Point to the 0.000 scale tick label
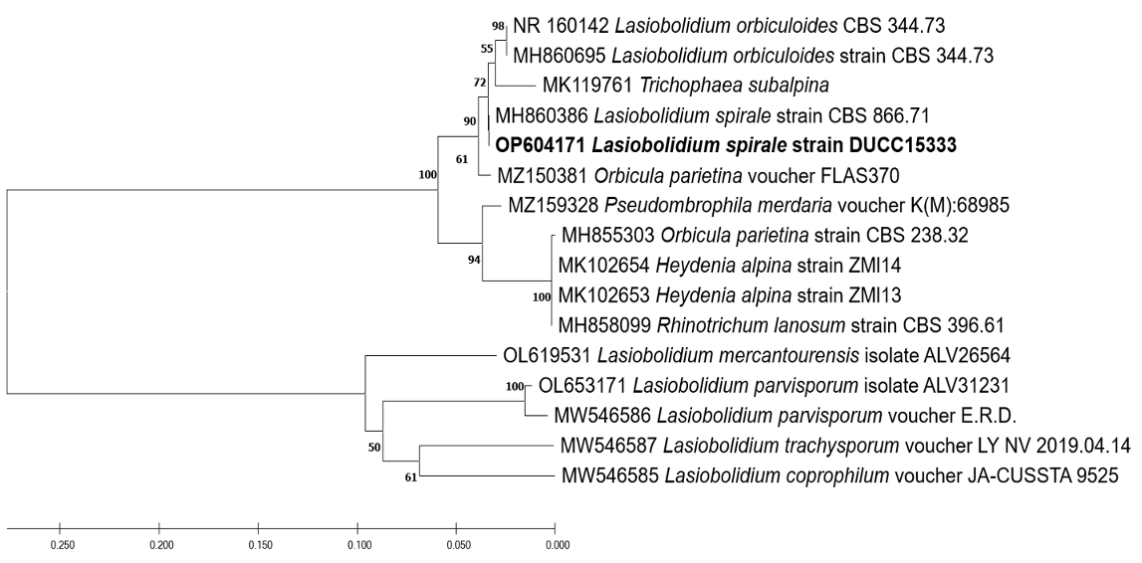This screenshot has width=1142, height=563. [557, 545]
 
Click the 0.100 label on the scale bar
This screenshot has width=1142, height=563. [358, 545]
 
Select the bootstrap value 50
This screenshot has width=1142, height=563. [374, 448]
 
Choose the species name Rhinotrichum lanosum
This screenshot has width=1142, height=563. [737, 323]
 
